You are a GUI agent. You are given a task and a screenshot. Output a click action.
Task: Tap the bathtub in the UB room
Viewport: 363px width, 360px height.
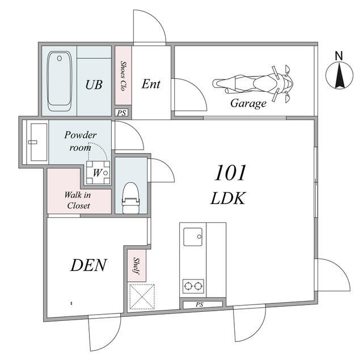pyautogui.click(x=60, y=81)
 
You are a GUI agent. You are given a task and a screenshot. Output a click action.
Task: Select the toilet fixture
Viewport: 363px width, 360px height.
pyautogui.click(x=131, y=198)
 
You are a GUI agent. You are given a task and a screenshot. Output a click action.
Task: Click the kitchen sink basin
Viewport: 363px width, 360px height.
pyautogui.click(x=193, y=236)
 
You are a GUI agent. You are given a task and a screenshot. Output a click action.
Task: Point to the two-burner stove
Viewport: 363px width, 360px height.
pyautogui.click(x=193, y=286)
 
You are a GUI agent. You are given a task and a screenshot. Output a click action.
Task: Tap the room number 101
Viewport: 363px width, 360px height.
pyautogui.click(x=230, y=173)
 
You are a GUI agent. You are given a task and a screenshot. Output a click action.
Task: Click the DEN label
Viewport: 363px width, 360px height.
pyautogui.click(x=88, y=265)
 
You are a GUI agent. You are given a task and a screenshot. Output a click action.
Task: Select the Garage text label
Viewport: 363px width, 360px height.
pyautogui.click(x=248, y=103)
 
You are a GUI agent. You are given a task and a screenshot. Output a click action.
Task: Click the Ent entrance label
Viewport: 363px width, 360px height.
pyautogui.click(x=151, y=84)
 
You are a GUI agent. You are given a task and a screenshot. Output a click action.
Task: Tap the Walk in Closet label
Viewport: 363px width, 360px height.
pyautogui.click(x=78, y=200)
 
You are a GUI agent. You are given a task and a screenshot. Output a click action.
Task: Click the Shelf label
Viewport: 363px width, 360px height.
pyautogui.click(x=137, y=266)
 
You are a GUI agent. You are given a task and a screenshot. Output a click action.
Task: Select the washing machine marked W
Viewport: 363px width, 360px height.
pyautogui.click(x=98, y=172)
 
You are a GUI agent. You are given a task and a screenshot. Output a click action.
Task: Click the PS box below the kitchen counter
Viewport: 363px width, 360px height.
pyautogui.click(x=200, y=304)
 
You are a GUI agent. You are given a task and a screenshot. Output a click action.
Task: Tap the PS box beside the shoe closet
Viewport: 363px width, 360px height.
pyautogui.click(x=121, y=113)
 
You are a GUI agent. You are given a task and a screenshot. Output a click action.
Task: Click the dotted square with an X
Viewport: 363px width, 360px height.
pyautogui.click(x=142, y=297)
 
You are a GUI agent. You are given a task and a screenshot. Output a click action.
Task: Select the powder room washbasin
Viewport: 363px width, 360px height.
pyautogui.click(x=37, y=142)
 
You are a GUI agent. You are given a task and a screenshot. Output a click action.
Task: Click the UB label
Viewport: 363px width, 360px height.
pyautogui.click(x=94, y=84)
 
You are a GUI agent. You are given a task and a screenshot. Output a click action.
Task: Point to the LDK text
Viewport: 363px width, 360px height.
pyautogui.click(x=228, y=198)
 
